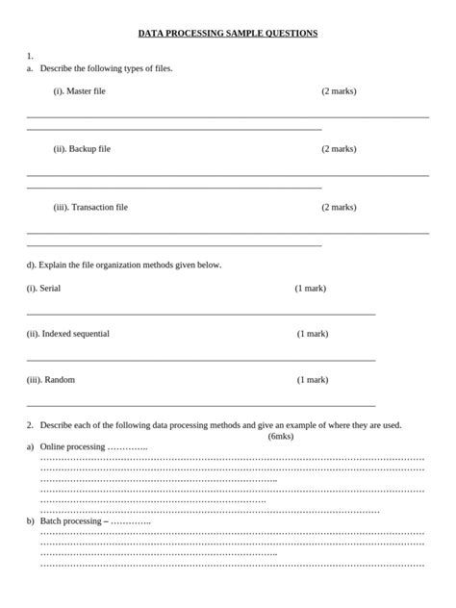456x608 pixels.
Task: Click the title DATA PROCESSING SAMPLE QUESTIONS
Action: click(228, 33)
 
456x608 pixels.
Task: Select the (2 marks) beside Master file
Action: click(339, 90)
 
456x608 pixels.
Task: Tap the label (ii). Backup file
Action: click(82, 149)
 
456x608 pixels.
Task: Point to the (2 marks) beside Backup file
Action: click(339, 149)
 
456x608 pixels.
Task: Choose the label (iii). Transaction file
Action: click(90, 207)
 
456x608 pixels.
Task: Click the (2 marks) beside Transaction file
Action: click(339, 207)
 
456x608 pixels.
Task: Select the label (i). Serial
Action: click(43, 288)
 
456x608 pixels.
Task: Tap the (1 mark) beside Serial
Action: click(310, 288)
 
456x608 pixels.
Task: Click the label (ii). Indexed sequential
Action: click(67, 334)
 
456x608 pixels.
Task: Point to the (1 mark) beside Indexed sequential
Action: click(312, 334)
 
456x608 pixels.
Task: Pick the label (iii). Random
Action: click(51, 379)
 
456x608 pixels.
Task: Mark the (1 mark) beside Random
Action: click(312, 379)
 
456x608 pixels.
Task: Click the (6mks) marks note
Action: click(281, 436)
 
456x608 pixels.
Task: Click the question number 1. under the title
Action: click(31, 56)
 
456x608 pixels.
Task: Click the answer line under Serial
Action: click(201, 314)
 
